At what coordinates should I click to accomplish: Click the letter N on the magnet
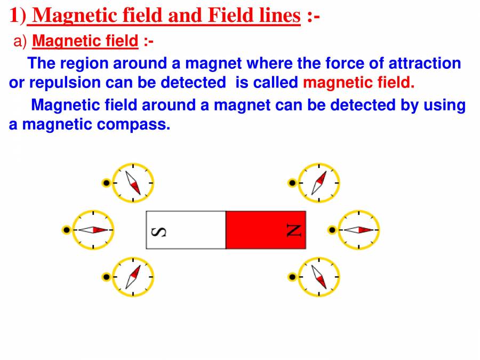[294, 230]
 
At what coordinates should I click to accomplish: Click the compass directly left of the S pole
[93, 230]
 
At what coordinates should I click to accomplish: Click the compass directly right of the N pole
[358, 230]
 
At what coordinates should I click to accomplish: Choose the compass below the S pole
[133, 277]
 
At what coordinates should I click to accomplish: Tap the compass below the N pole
[318, 277]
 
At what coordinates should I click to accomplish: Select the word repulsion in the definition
[65, 83]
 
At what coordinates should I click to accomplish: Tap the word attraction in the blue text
[425, 63]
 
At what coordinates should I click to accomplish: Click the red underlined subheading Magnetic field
[85, 41]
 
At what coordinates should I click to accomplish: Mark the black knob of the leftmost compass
[66, 230]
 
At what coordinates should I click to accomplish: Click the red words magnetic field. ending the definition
[358, 83]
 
